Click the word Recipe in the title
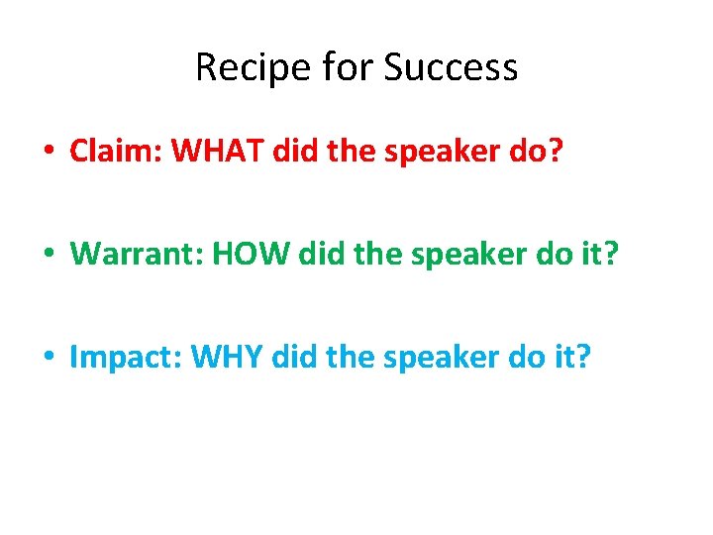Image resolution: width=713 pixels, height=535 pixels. click(243, 68)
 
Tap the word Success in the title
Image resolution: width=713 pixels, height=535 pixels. click(451, 68)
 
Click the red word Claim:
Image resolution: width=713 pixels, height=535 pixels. click(116, 152)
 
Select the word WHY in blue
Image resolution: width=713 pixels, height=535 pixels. click(234, 357)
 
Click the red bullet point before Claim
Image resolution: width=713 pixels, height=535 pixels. click(49, 153)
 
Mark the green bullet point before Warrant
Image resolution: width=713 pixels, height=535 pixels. click(49, 255)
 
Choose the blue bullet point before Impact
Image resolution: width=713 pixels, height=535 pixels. click(49, 358)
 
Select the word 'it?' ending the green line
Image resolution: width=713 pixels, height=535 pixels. click(596, 254)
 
